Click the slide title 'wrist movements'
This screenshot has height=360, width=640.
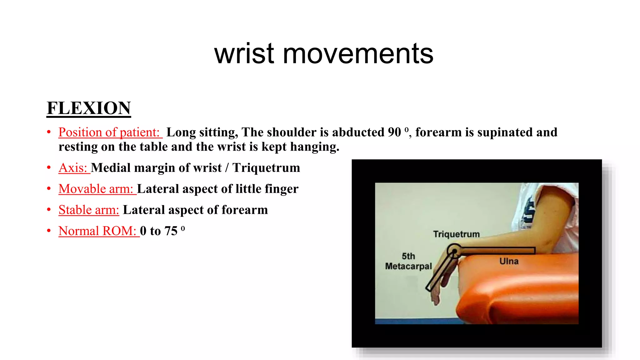pos(324,54)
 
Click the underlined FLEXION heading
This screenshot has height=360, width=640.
pos(89,108)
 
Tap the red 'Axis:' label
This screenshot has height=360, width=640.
pos(73,168)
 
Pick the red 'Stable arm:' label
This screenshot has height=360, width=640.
pos(89,210)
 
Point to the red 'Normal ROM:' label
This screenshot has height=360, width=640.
pos(97,231)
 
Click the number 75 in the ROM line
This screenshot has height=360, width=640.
pos(171,231)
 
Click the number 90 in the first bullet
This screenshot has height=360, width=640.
pos(394,132)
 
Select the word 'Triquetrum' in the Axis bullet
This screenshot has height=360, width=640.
pos(266,168)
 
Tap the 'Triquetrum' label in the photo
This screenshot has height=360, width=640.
pos(456,234)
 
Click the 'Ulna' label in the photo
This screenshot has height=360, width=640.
pos(509,261)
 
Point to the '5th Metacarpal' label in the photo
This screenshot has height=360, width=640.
pos(408,261)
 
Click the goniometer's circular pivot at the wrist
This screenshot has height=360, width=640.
pos(453,251)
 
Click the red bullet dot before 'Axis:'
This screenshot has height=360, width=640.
pos(49,168)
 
